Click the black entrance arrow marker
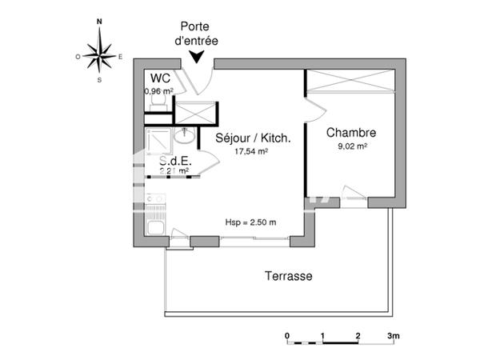[197, 56]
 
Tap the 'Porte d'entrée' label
[198, 32]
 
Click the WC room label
[159, 78]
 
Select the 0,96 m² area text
[159, 91]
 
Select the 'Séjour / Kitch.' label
[253, 138]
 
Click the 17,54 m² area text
[250, 150]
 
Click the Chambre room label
[352, 133]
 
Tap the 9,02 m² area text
[352, 146]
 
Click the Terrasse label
[288, 276]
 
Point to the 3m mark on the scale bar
[393, 335]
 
